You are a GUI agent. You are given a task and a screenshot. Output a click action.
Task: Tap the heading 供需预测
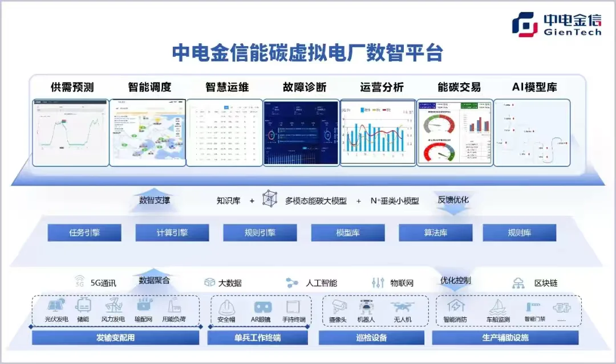click(x=72, y=87)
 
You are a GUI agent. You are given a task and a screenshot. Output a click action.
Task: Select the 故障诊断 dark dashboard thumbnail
click(x=301, y=132)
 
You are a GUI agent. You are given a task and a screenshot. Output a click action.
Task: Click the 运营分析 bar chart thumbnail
click(x=378, y=132)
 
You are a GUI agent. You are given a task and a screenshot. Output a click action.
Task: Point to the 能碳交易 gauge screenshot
click(x=455, y=132)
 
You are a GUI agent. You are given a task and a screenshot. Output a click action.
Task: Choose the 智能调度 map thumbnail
click(x=148, y=132)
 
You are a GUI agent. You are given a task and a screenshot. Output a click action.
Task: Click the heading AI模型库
click(x=534, y=87)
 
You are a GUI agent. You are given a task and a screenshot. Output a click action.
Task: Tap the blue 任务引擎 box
click(x=84, y=232)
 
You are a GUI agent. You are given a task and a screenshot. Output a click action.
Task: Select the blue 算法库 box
click(x=436, y=232)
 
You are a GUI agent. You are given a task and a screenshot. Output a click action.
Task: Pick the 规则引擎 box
click(x=260, y=232)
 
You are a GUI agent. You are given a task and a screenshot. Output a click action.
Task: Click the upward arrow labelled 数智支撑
click(x=154, y=203)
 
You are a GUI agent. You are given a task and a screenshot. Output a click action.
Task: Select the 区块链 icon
click(x=518, y=283)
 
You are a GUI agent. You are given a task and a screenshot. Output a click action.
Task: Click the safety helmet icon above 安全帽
click(x=227, y=307)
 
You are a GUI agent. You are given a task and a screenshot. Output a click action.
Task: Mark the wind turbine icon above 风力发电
click(x=113, y=305)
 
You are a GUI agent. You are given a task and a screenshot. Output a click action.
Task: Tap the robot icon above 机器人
click(x=366, y=306)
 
